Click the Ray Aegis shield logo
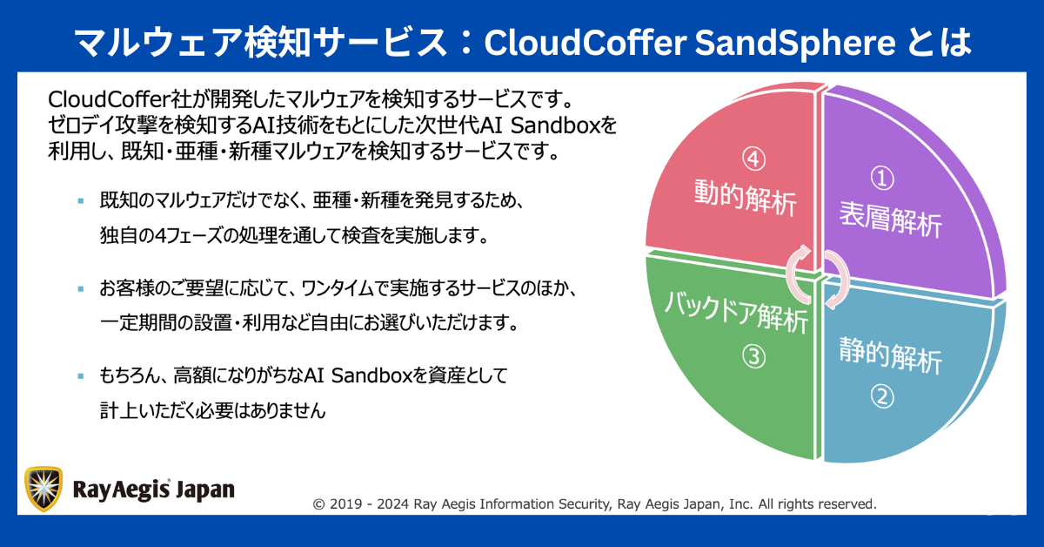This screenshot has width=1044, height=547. click(43, 489)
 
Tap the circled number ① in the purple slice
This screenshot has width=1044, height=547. click(882, 179)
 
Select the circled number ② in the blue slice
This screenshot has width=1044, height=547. click(882, 396)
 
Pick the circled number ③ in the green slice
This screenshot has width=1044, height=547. click(753, 356)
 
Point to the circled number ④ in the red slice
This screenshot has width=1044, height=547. click(753, 159)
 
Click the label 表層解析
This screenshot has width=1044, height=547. click(891, 220)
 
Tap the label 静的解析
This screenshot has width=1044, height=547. click(891, 355)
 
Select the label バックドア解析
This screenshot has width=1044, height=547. click(736, 311)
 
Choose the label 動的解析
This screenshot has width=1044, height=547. click(746, 198)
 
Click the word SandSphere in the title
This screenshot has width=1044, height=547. click(795, 43)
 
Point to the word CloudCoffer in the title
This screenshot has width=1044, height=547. click(585, 43)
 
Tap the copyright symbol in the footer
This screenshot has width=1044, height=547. click(318, 504)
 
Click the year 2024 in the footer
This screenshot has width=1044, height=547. click(393, 504)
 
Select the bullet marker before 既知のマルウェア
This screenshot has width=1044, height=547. click(81, 201)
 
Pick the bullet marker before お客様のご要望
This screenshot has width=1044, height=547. click(81, 289)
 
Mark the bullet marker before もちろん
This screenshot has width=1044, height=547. click(81, 375)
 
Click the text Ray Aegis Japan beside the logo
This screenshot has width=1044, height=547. click(154, 490)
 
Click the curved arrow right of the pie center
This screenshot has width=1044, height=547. click(837, 279)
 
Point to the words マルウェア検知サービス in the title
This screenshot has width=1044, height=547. click(261, 43)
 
